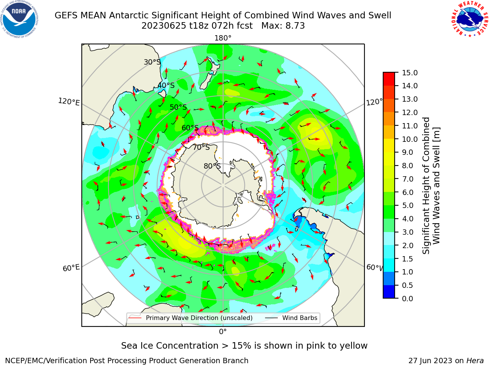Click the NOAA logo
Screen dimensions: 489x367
tap(19, 19)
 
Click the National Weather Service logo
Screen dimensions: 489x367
tap(470, 19)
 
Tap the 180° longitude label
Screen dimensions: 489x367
tap(223, 38)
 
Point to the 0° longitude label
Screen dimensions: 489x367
tap(223, 331)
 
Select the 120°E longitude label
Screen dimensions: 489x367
tap(69, 102)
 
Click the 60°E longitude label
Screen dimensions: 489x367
tap(71, 268)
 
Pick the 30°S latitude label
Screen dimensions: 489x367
tap(152, 62)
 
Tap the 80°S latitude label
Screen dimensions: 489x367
tap(212, 166)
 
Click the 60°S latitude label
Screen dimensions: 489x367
tap(190, 128)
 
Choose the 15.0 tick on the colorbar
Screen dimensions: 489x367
tap(410, 73)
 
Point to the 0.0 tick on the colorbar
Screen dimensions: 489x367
tap(408, 299)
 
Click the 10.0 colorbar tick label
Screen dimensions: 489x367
tap(410, 139)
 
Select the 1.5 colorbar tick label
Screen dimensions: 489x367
tap(408, 259)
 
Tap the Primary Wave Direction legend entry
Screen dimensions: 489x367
tap(191, 318)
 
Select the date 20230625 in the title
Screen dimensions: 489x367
tap(164, 26)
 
